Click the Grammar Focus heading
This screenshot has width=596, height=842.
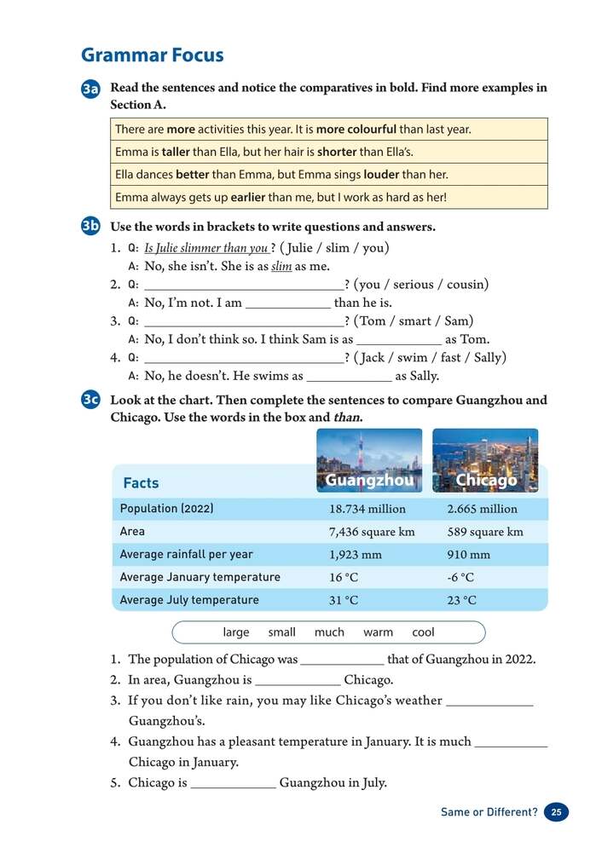(152, 55)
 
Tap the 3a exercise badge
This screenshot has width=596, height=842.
(91, 89)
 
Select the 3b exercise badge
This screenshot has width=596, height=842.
(91, 227)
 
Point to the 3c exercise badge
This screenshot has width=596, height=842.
(91, 400)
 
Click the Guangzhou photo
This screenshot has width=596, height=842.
(369, 460)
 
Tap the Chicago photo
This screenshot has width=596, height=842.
(485, 460)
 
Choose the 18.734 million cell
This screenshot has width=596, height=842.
(367, 509)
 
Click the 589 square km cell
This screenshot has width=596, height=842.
(485, 532)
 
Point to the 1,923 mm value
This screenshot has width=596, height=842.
(356, 555)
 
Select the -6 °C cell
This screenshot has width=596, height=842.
(460, 578)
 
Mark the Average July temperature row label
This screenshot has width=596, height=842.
(189, 600)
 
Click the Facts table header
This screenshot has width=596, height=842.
(141, 483)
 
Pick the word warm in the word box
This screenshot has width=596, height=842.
(378, 632)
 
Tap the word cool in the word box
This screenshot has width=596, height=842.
(423, 632)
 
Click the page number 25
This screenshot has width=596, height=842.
(556, 812)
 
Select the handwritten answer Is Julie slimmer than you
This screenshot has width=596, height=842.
(206, 249)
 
